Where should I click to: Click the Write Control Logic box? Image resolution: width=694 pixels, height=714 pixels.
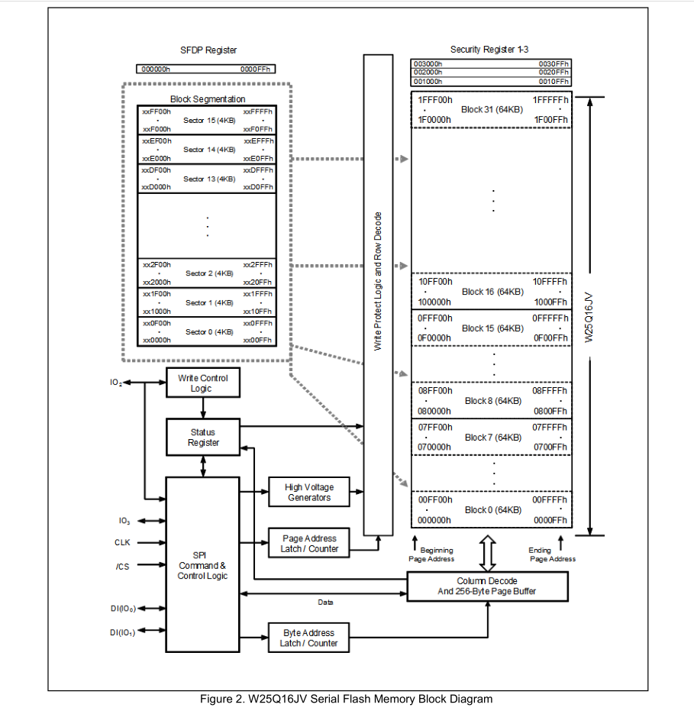coord(203,383)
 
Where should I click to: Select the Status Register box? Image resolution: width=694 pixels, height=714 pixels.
coord(203,438)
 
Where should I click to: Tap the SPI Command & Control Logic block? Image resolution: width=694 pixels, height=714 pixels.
coord(202,565)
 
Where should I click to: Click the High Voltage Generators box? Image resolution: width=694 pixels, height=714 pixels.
coord(309,493)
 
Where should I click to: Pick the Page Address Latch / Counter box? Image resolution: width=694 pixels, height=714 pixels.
coord(309,544)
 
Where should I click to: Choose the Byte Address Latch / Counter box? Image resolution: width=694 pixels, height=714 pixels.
coord(309,638)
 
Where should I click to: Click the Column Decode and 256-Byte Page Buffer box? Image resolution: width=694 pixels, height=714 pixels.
coord(488,586)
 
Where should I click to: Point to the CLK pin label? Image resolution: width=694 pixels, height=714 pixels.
coord(122,543)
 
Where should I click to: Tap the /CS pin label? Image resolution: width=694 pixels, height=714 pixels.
coord(122,566)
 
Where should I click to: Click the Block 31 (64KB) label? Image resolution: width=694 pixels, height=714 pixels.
coord(492,110)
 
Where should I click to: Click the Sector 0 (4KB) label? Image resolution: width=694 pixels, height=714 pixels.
coord(208,332)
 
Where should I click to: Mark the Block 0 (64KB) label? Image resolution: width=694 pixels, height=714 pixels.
coord(492,509)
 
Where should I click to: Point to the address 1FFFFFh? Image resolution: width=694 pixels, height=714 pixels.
coord(550,100)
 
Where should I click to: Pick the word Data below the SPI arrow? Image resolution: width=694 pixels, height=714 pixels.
coord(326,603)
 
